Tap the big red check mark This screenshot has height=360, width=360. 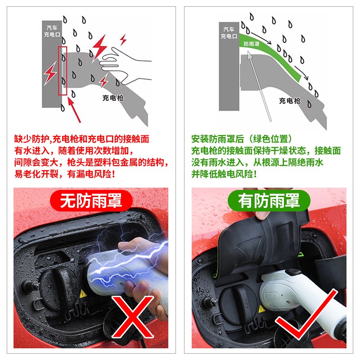click(306, 315)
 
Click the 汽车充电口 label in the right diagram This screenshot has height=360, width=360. click(228, 32)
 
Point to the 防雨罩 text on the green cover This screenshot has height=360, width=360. click(251, 44)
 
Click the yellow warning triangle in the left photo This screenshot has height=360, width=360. click(83, 295)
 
